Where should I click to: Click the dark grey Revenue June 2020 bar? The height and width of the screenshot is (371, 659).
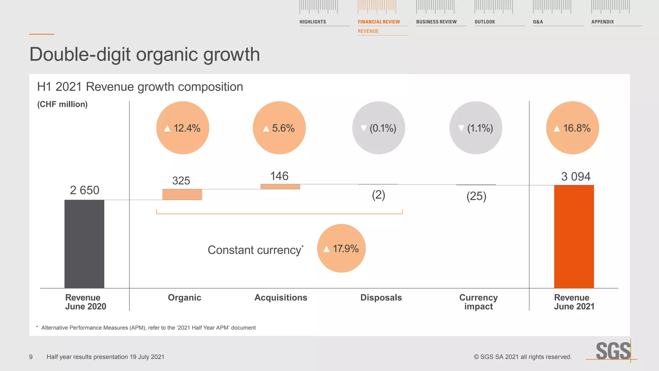[84, 244]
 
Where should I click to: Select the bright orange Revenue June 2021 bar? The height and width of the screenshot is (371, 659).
[574, 236]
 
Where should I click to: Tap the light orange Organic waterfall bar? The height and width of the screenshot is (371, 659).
[182, 195]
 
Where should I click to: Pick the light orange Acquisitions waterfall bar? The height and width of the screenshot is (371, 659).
[280, 186]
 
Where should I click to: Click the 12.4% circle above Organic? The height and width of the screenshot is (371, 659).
[183, 128]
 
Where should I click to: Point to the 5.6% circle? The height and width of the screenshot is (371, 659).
[279, 128]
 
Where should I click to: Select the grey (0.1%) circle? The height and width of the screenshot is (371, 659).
[379, 128]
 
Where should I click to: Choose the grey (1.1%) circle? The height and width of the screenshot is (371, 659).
[476, 128]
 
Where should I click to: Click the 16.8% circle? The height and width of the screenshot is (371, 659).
[572, 128]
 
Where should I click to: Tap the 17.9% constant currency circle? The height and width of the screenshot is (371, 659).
[341, 248]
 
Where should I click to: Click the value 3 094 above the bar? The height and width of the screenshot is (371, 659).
[576, 176]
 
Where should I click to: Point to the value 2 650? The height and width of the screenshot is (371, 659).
[85, 190]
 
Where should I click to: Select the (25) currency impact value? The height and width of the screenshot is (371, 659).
[476, 196]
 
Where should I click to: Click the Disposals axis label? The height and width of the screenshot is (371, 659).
[381, 298]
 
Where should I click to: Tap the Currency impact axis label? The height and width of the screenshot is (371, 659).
[478, 302]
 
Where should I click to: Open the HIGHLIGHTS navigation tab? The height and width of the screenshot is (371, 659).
[313, 22]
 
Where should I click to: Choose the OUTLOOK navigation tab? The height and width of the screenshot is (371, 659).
[485, 22]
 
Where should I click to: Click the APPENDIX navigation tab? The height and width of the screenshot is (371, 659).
[602, 22]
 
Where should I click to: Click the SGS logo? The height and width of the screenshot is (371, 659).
[613, 351]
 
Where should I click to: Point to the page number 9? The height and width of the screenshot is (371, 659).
[31, 357]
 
